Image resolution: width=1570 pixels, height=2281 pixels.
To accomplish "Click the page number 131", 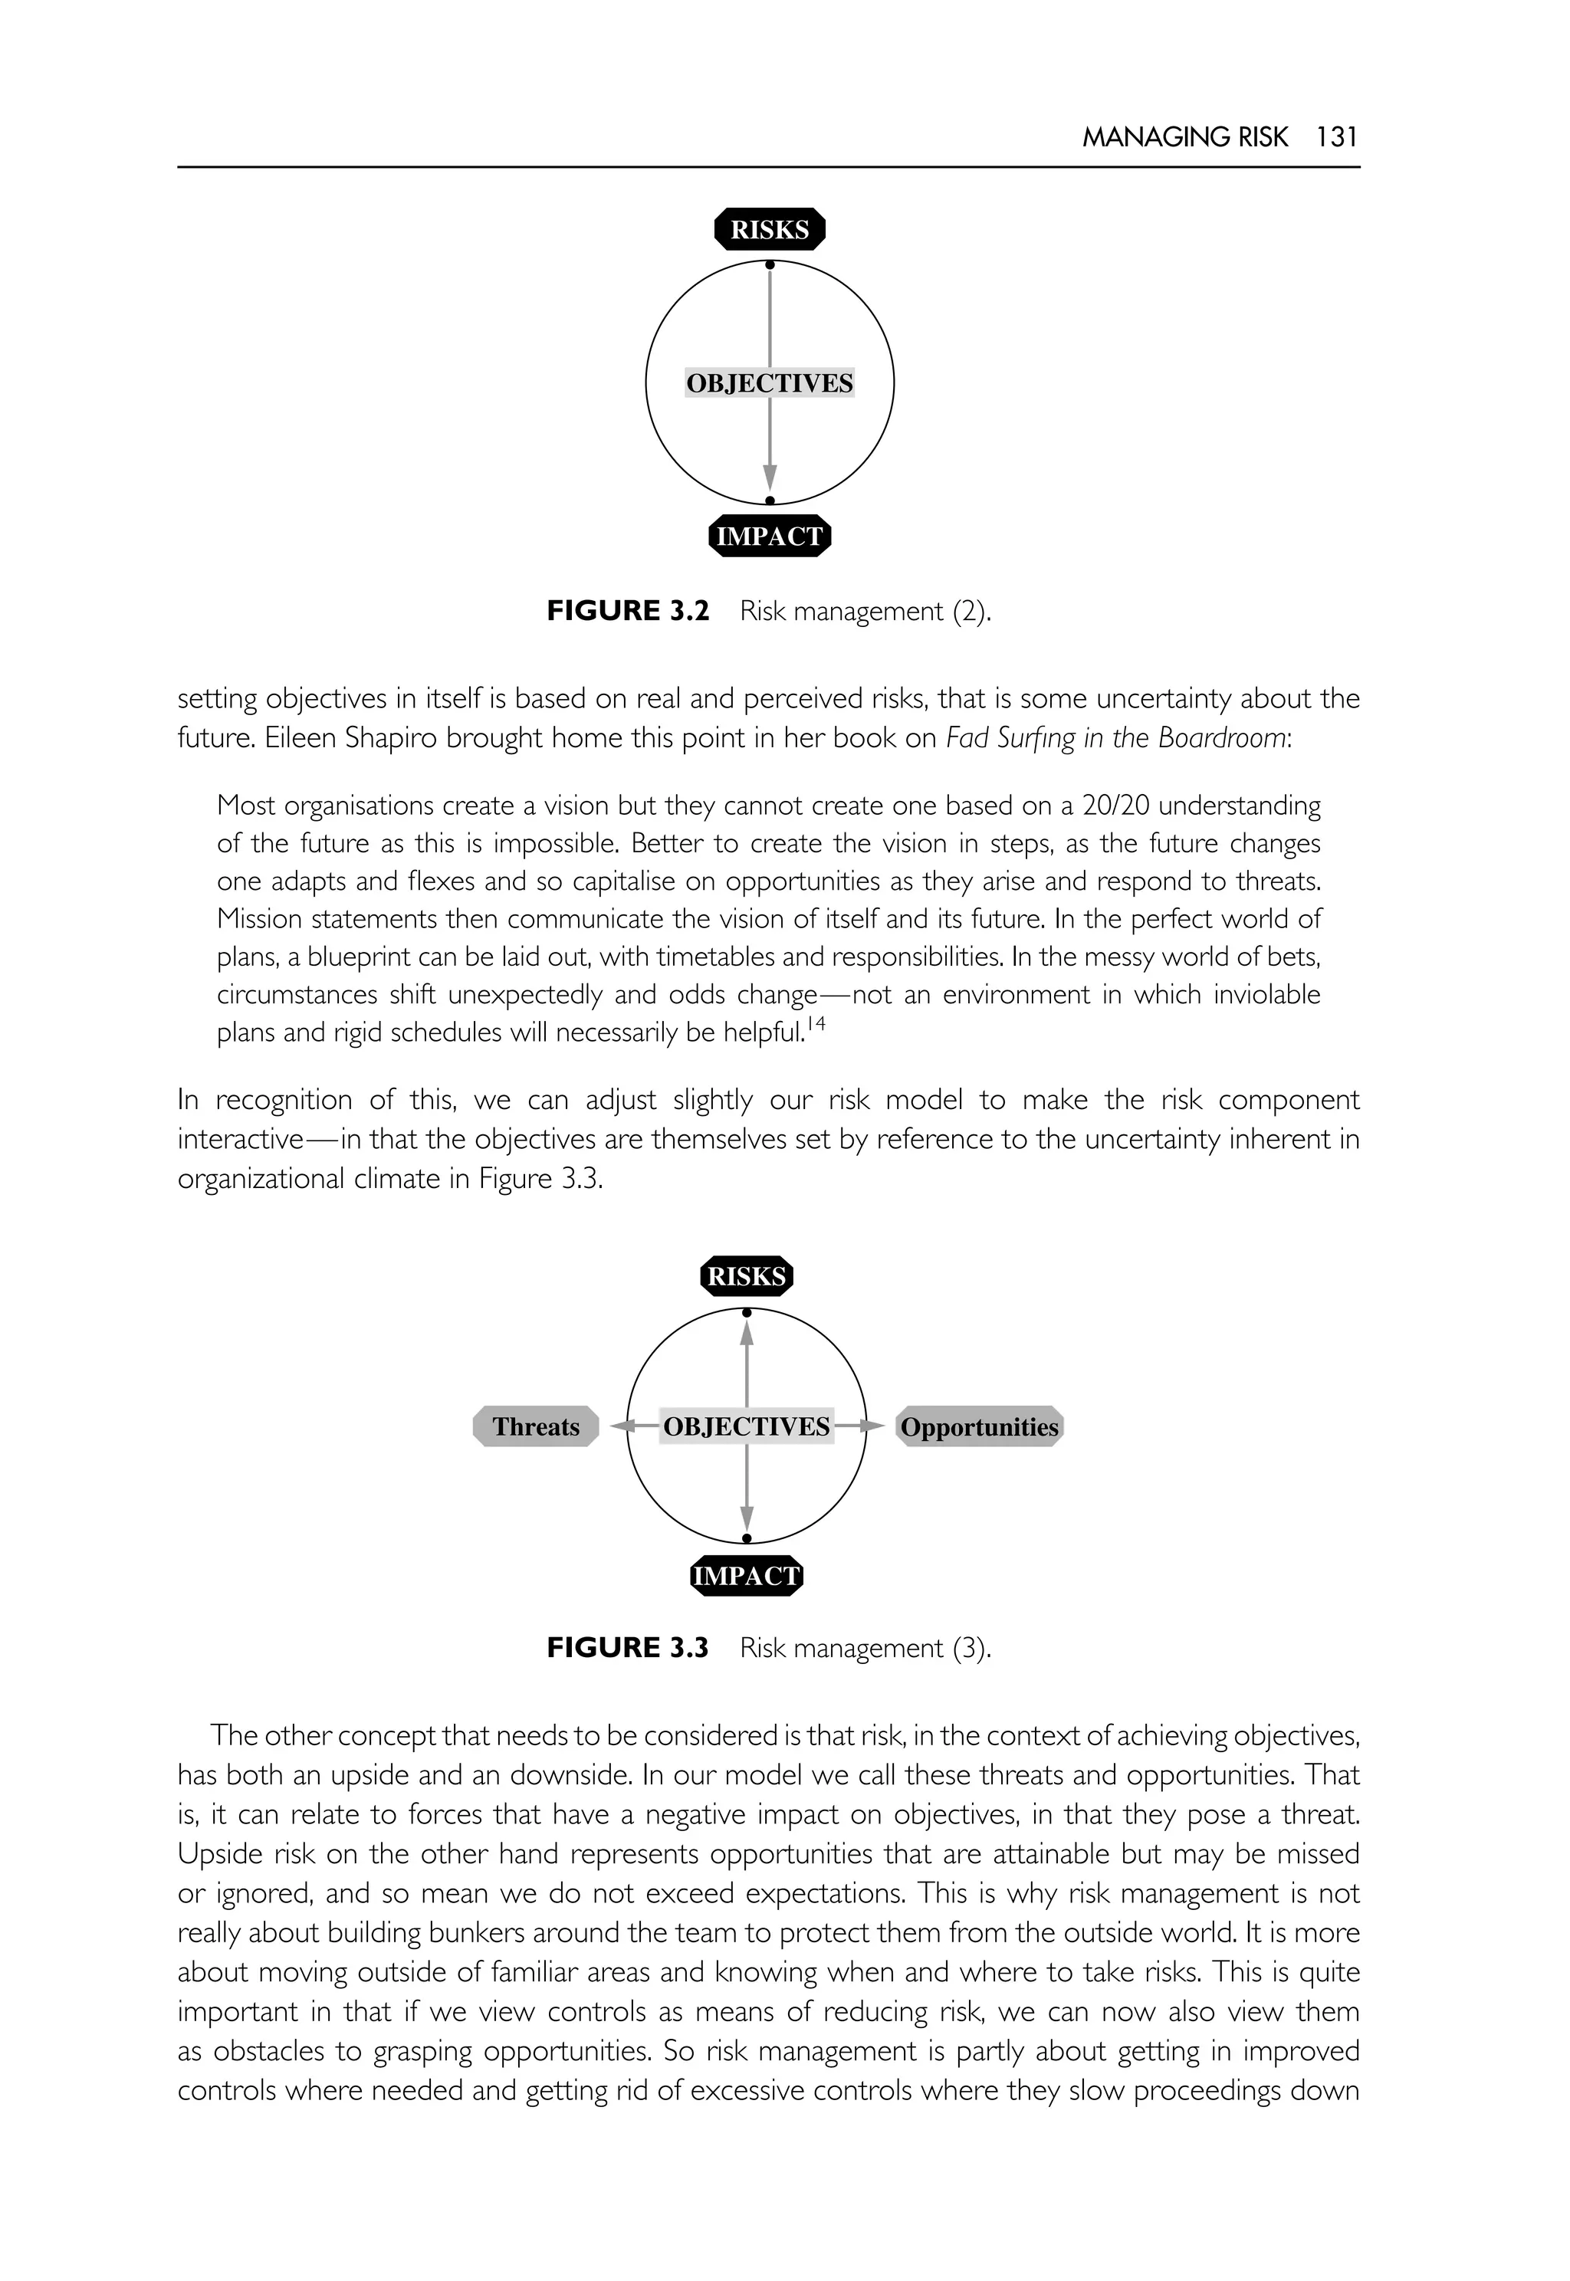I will coord(1336,136).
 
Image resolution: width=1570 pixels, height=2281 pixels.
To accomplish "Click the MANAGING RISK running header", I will coord(1184,136).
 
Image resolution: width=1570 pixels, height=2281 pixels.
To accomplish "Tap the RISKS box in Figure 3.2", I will coord(769,230).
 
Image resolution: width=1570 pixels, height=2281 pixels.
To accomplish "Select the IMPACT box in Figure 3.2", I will coord(769,536).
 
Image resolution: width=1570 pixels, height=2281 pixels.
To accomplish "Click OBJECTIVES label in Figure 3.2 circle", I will coord(769,383).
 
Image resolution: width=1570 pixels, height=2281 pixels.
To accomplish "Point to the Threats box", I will coord(536,1426).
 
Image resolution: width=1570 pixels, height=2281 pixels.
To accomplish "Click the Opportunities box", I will coord(979,1426).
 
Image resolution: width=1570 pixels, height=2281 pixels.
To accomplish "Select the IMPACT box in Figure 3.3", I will coord(747,1576).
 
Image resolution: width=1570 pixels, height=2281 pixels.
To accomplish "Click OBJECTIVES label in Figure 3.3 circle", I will coord(747,1426).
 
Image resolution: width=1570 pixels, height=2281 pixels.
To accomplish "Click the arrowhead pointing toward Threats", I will coord(619,1426).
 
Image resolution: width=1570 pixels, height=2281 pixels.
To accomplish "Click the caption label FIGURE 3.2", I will coord(628,611).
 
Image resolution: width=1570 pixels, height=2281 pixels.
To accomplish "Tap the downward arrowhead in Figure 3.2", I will coord(769,479).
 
